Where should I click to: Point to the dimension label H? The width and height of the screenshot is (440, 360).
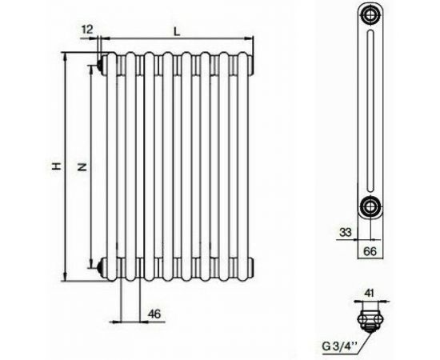pos(55,166)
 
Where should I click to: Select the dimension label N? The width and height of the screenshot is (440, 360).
pos(80,166)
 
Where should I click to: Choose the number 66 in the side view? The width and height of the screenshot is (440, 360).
pos(370,251)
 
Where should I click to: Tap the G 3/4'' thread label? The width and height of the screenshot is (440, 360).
pos(340,346)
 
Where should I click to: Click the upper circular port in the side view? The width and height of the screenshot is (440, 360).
pos(370,18)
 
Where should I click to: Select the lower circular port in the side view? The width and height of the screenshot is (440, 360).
pos(370,206)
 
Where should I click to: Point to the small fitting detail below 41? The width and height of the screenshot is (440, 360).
pos(369,318)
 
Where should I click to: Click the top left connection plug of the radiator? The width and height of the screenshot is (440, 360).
pos(98,61)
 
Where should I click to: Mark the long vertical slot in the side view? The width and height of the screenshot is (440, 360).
pos(370,112)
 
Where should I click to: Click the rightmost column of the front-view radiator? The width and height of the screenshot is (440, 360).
pos(245,164)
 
